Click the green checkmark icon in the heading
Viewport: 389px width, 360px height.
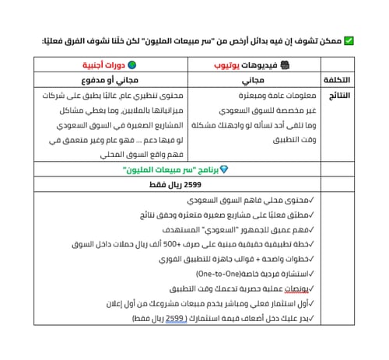(349, 41)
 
